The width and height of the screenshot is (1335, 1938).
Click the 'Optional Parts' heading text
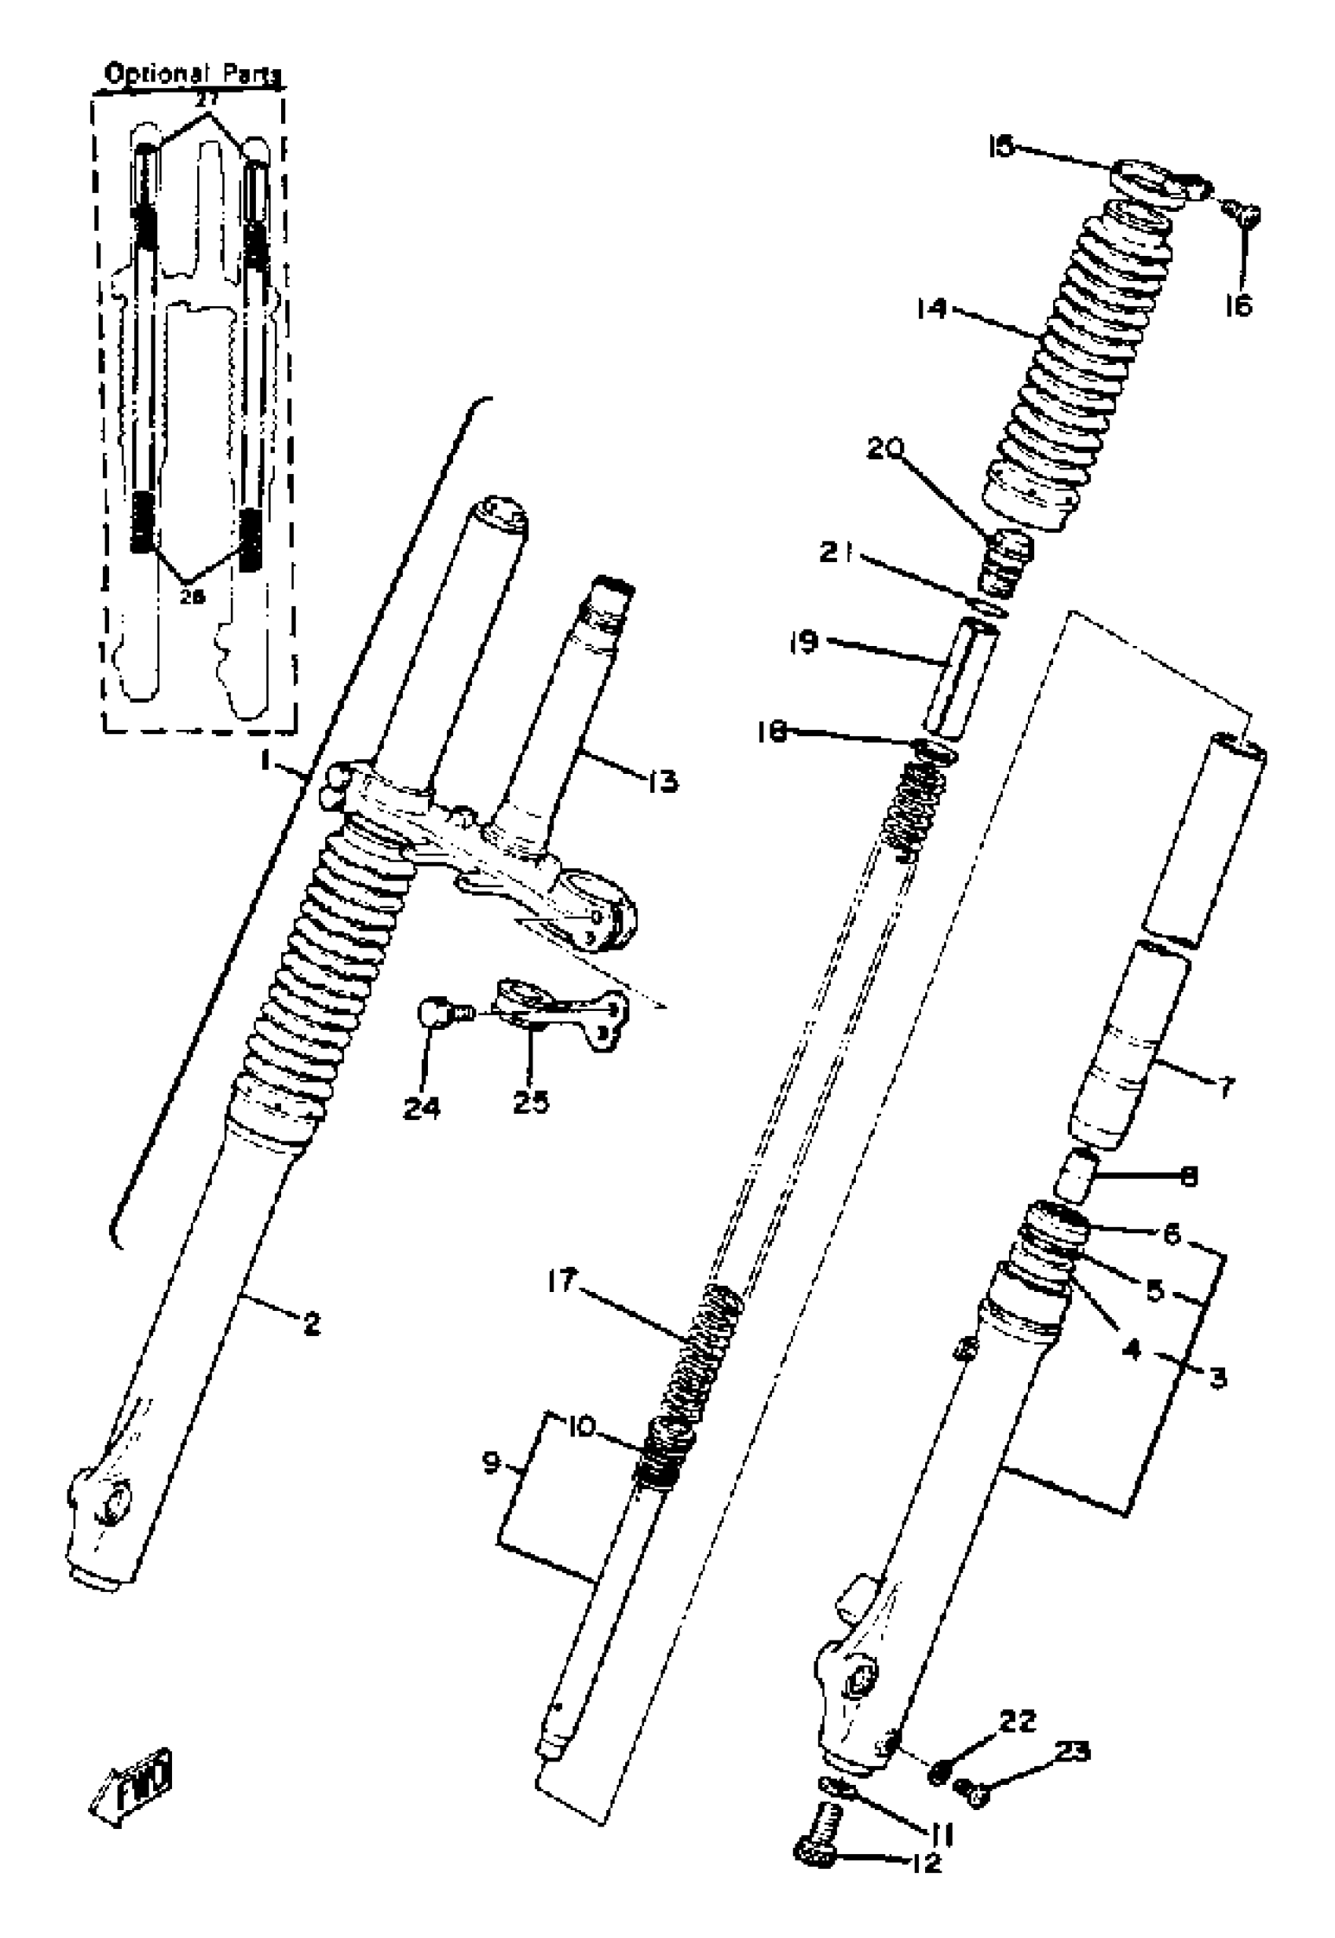pos(192,75)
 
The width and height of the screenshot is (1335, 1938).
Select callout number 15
pos(1000,147)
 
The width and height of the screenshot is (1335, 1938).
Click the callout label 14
pos(930,308)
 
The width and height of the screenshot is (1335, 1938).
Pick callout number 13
pos(663,782)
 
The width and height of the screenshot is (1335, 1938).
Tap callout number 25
pos(531,1102)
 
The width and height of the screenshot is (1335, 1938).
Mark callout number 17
pos(562,1281)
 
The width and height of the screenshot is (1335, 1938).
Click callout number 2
pos(311,1323)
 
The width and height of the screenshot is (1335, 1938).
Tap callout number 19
pos(804,643)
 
